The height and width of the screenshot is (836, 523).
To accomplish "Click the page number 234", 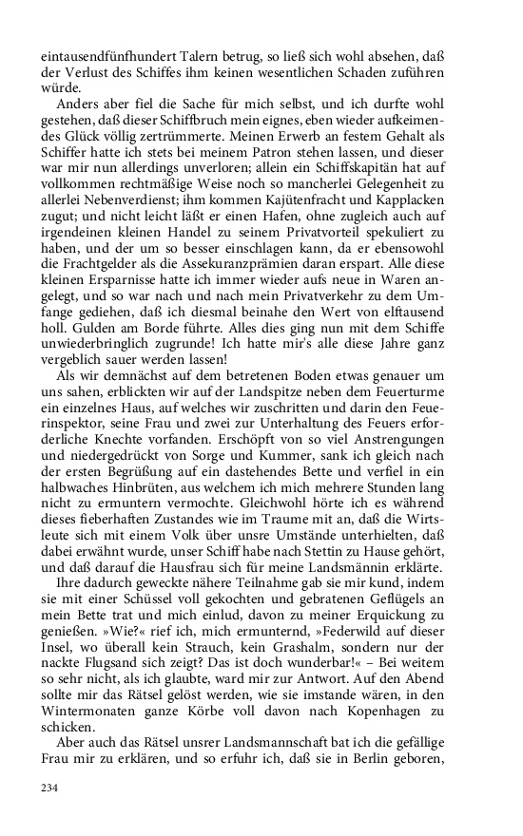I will [49, 788].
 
